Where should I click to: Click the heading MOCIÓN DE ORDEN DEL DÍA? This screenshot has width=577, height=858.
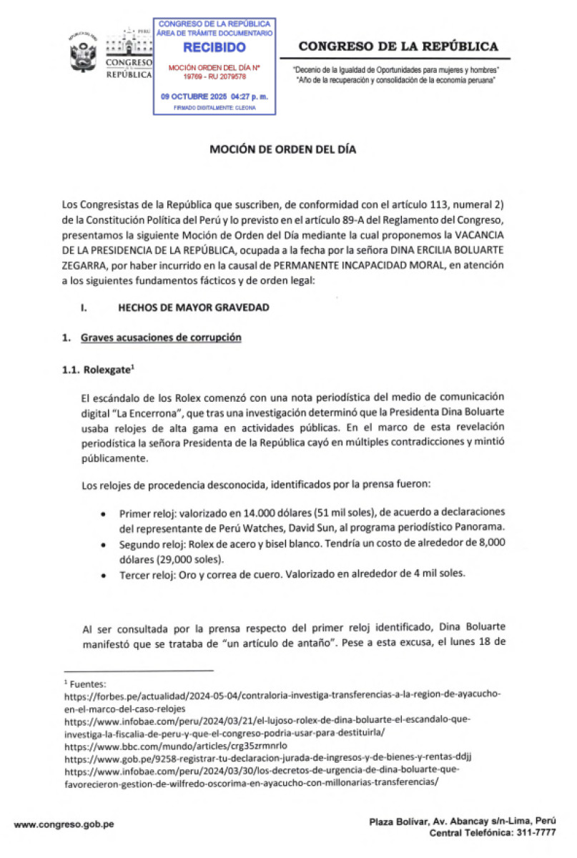pos(282,150)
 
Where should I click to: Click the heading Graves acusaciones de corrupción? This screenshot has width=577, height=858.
pos(161,337)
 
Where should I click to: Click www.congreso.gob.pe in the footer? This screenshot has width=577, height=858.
pos(64,824)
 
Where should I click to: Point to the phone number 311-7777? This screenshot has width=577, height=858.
pos(534,834)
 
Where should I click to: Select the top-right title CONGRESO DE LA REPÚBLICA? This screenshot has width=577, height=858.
pos(398,46)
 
